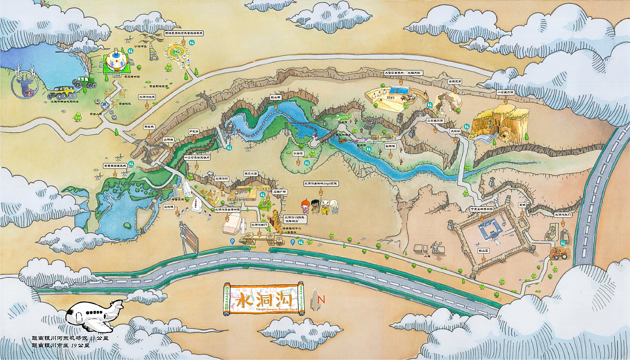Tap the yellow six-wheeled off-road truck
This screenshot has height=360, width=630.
(x=62, y=92)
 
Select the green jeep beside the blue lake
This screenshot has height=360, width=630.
(x=84, y=82)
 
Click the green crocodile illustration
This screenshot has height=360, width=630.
(x=341, y=118)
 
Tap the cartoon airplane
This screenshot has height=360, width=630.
(x=95, y=316)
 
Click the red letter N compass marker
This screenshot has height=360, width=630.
(x=322, y=299)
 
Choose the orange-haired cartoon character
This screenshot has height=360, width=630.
(x=306, y=205)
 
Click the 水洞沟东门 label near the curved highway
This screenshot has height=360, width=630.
(x=563, y=215)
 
